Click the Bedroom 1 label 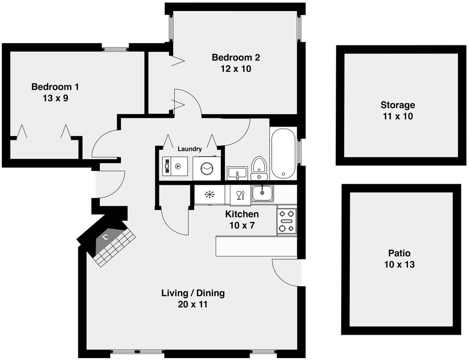tap(55, 87)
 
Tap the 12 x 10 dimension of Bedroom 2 tap(236, 69)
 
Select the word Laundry tap(190, 149)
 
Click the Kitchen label tap(242, 214)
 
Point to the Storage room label tap(398, 105)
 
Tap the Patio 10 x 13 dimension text tap(399, 264)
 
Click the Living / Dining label tap(193, 293)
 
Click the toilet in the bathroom tap(259, 169)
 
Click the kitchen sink tap(262, 193)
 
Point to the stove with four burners tap(287, 221)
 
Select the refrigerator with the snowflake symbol tap(209, 195)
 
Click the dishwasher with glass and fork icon tap(240, 195)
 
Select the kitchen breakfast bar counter tap(256, 246)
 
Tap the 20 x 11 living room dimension tap(193, 305)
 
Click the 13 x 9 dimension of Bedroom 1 tap(55, 98)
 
